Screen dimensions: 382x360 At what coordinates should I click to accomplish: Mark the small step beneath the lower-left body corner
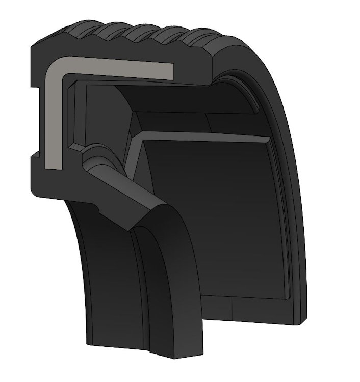point(97,206)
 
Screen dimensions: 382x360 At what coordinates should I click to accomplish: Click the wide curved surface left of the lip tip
point(107,285)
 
